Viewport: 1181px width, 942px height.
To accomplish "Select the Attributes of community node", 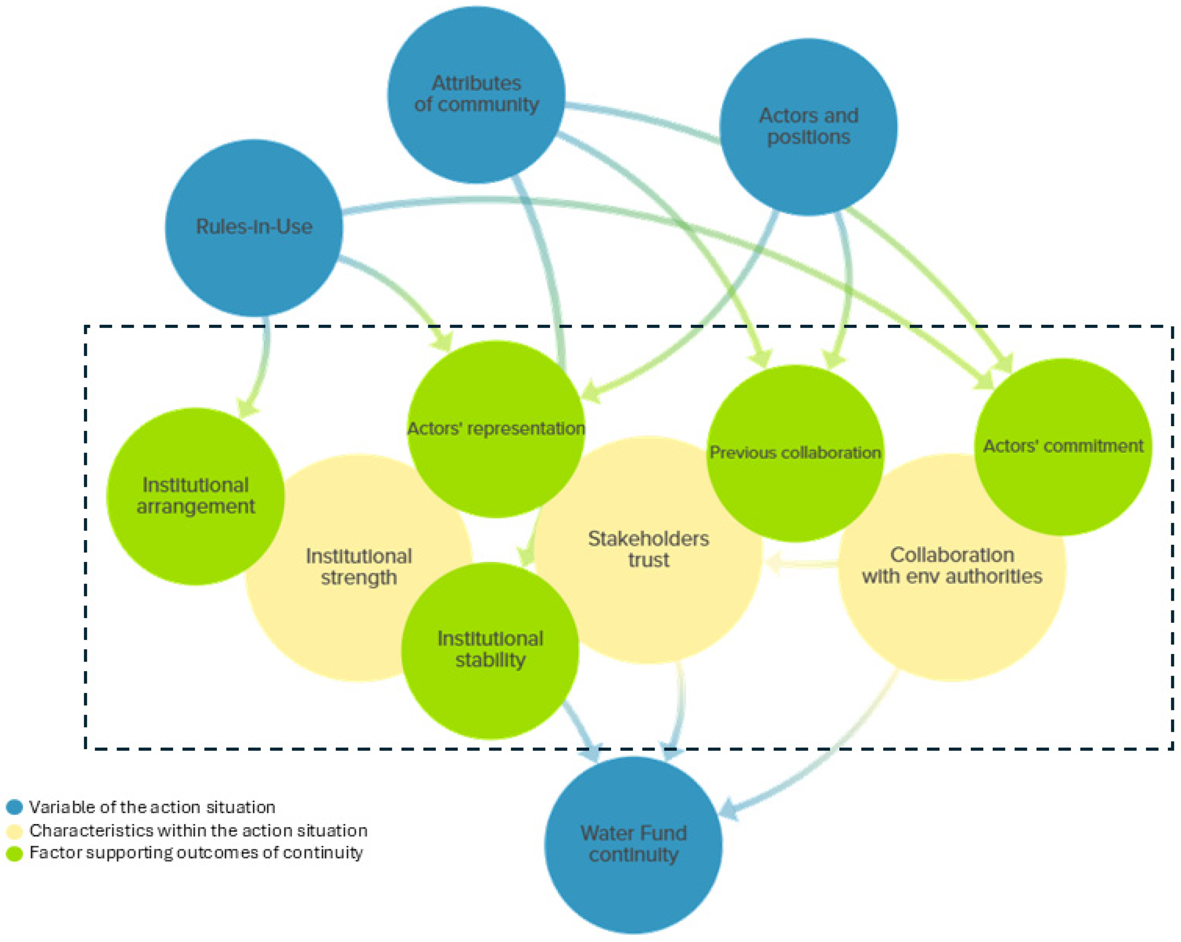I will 476,94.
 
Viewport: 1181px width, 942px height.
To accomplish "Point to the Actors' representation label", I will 496,428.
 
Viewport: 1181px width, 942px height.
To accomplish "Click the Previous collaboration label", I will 795,452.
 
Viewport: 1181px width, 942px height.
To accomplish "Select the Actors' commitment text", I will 1063,446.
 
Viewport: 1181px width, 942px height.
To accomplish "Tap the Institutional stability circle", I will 490,650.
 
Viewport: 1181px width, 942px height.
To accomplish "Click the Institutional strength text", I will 359,567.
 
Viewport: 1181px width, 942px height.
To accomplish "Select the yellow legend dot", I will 14,831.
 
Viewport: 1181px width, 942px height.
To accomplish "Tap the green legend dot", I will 14,853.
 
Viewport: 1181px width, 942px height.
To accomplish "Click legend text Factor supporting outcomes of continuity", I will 196,853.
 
